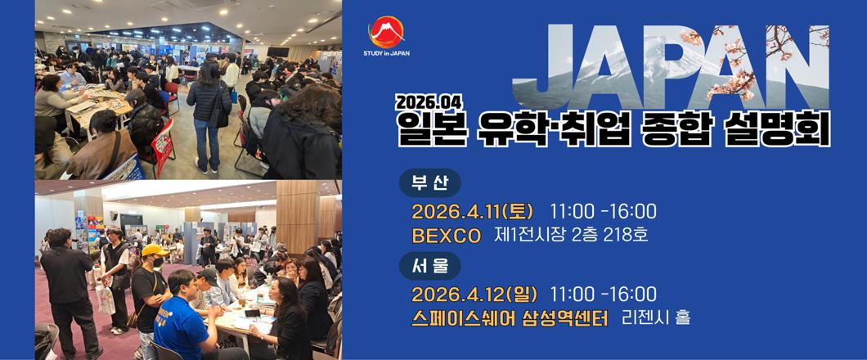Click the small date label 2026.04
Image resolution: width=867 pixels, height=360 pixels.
click(x=429, y=102)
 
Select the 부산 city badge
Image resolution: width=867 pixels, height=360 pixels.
click(x=429, y=182)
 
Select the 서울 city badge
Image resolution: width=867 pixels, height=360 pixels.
click(x=429, y=266)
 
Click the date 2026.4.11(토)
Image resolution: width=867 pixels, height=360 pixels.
click(x=472, y=212)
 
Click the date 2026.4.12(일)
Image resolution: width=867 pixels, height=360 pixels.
click(x=472, y=295)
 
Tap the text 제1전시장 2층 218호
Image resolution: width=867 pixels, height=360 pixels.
click(x=571, y=236)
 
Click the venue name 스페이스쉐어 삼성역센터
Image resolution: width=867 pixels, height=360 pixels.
click(x=510, y=319)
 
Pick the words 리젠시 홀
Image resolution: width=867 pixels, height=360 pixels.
click(x=656, y=318)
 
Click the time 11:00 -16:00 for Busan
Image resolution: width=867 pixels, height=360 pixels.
click(x=603, y=212)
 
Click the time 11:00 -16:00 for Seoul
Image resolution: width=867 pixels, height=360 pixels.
click(x=603, y=295)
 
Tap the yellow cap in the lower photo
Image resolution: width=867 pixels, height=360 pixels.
click(x=155, y=251)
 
